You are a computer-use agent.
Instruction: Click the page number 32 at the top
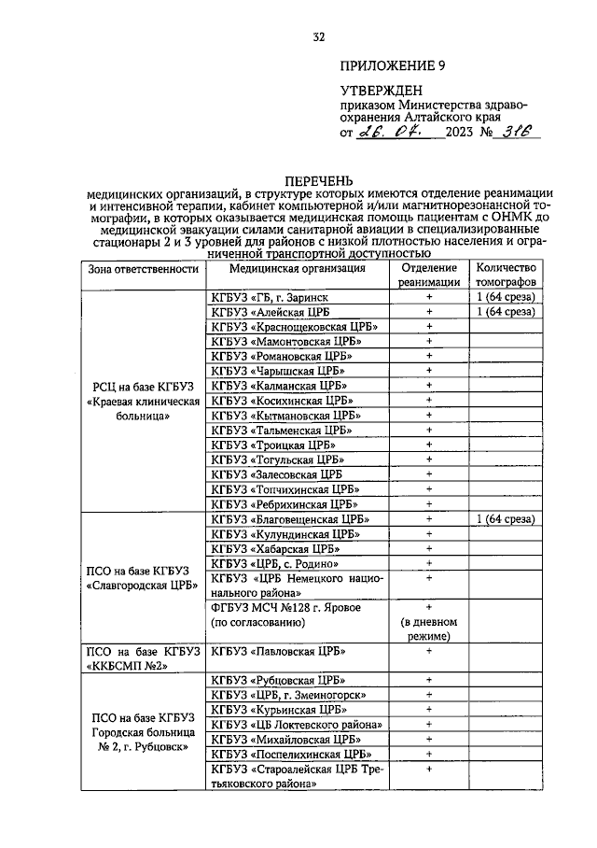318,37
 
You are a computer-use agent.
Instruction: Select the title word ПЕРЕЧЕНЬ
319,180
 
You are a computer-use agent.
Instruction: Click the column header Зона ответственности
144,269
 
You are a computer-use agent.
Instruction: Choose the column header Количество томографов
505,274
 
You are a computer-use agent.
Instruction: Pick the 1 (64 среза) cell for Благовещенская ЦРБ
505,519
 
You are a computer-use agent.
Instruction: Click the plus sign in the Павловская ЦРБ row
430,651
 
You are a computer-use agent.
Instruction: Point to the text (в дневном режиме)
429,629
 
